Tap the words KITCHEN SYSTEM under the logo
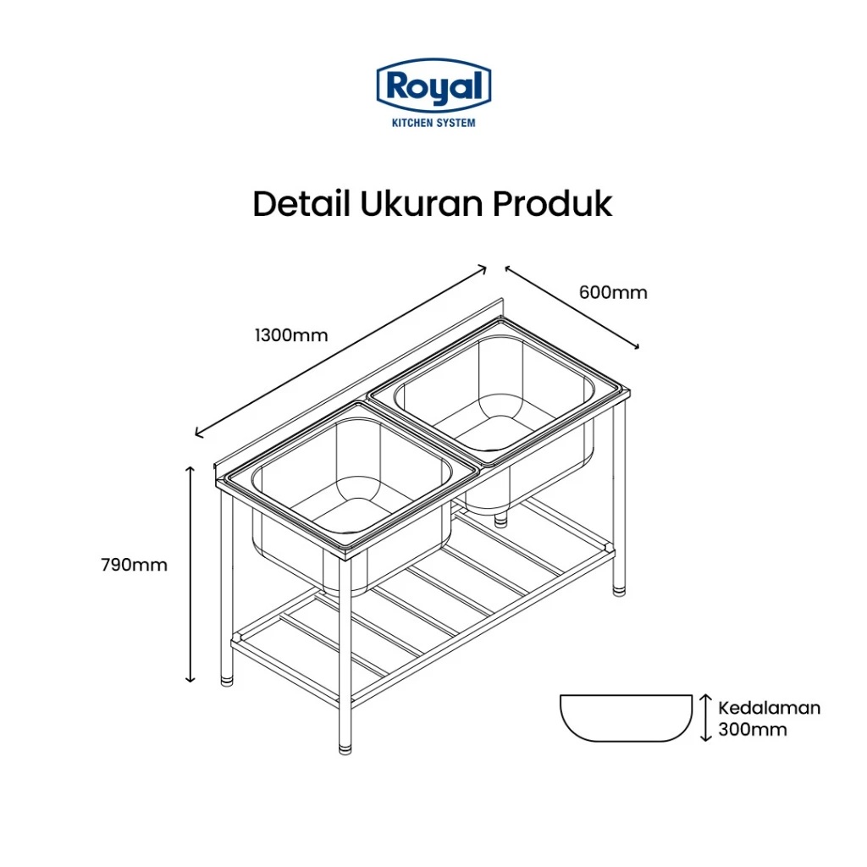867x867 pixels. pos(433,123)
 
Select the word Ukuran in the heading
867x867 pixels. pos(422,204)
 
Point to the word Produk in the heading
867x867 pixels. pos(552,204)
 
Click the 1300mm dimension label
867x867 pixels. pos(291,335)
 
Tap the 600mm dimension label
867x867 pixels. pos(613,292)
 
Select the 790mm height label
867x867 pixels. pos(134,565)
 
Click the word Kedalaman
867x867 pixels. pos(769,708)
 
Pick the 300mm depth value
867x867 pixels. pos(752,729)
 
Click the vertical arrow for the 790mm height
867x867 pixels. pos(191,574)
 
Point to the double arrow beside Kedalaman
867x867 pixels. pos(705,718)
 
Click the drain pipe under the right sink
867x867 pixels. pos(500,520)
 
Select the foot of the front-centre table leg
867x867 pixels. pos(345,747)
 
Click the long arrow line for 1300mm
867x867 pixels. pos(340,351)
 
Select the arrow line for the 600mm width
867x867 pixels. pos(572,307)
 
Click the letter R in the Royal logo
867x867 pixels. pos(396,86)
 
